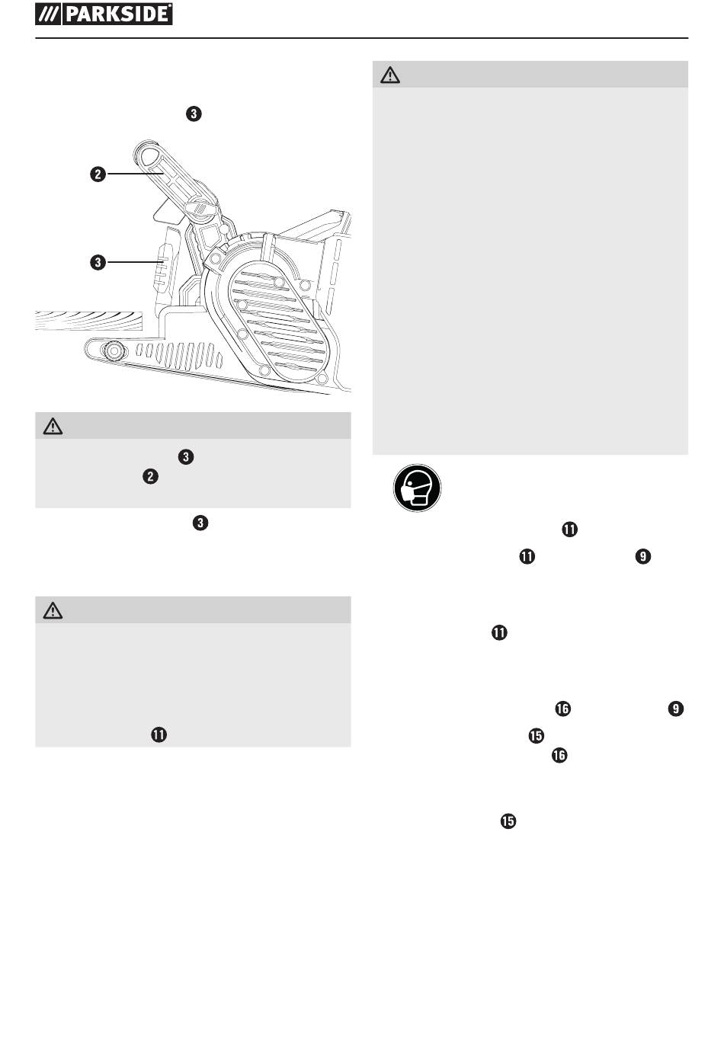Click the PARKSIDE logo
[x=104, y=14]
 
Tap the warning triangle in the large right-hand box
[x=389, y=75]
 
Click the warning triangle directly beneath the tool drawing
[x=53, y=426]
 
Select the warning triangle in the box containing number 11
[x=53, y=610]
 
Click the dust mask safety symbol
[x=417, y=488]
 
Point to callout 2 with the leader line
[x=98, y=174]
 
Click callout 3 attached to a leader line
[x=98, y=262]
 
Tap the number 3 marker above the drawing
[x=194, y=114]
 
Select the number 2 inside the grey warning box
[x=150, y=476]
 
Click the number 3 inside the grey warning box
[x=186, y=457]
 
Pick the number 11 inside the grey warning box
[x=159, y=734]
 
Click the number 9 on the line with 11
[x=642, y=556]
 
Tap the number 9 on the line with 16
[x=676, y=709]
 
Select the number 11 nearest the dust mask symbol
[x=570, y=530]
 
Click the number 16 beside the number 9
[x=563, y=709]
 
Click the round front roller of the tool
[x=114, y=351]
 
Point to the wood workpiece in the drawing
[x=88, y=321]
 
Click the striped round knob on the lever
[x=200, y=207]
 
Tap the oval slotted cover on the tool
[x=279, y=322]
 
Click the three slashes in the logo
[x=48, y=14]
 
